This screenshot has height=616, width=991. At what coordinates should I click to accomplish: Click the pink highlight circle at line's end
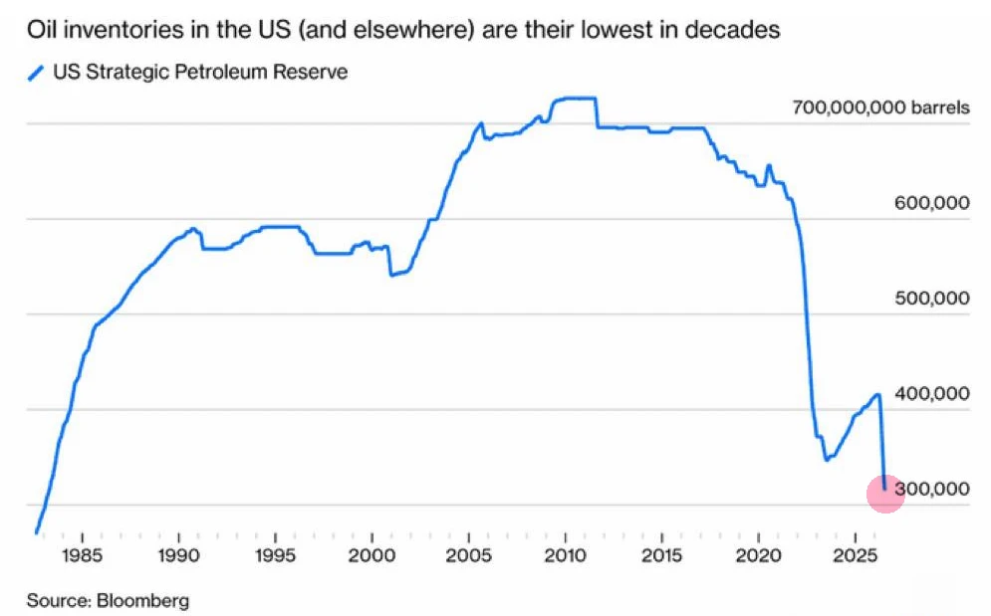885,494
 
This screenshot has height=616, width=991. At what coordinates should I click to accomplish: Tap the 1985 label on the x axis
82,556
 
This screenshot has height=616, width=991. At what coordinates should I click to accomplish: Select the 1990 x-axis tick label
179,556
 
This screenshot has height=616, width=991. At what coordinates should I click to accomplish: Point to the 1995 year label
276,556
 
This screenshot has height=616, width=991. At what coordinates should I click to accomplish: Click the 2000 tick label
372,556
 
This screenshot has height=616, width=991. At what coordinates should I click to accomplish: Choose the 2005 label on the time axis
468,556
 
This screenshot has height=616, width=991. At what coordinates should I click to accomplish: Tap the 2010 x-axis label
565,556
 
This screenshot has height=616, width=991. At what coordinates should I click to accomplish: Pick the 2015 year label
661,556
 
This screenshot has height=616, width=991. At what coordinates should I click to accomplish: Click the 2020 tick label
758,556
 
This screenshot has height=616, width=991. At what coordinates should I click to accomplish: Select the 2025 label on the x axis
856,556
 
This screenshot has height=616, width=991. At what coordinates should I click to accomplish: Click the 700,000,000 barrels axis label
880,107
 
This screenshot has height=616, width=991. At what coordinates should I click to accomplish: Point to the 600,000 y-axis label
931,203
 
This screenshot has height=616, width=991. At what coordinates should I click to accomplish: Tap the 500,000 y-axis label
931,299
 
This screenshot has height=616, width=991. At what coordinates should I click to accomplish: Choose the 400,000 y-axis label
931,394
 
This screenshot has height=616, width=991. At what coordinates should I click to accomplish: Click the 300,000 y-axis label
931,489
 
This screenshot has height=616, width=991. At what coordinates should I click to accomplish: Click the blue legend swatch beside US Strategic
36,74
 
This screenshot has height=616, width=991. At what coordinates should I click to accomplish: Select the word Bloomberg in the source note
142,600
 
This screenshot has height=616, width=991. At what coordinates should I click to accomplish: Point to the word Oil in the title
43,30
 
